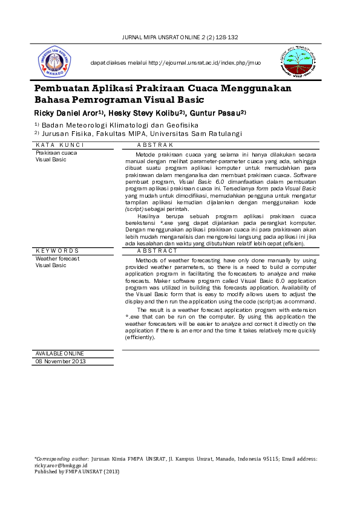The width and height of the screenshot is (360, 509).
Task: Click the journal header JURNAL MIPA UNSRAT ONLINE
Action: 180,37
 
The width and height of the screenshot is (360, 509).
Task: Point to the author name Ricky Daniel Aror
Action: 68,113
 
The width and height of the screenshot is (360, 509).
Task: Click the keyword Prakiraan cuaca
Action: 56,153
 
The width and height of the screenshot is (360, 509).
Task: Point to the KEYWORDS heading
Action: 57,250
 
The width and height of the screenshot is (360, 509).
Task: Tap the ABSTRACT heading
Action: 157,250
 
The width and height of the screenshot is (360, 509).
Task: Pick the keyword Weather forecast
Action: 57,258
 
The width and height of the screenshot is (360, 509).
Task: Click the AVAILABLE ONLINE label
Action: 60,353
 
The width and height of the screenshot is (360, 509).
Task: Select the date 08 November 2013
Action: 61,361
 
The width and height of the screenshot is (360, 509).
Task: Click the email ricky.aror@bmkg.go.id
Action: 61,466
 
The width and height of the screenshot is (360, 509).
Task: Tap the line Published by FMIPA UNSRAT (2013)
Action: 77,472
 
